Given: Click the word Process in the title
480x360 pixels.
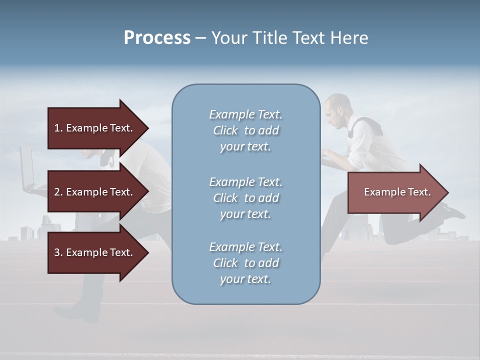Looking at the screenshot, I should tap(157, 38).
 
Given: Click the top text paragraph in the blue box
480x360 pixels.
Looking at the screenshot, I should tap(245, 130).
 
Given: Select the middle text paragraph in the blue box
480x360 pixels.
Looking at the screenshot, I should tap(245, 198).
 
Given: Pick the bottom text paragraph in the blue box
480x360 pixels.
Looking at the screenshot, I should tap(245, 263).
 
